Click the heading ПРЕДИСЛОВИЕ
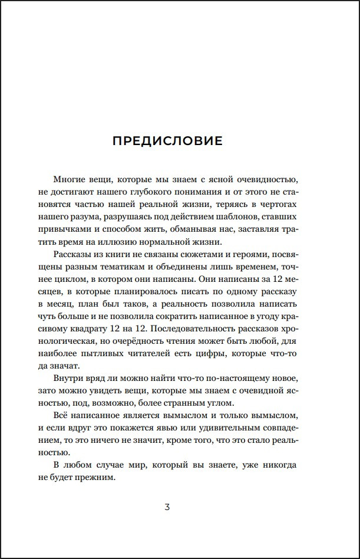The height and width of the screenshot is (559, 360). pyautogui.click(x=167, y=141)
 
